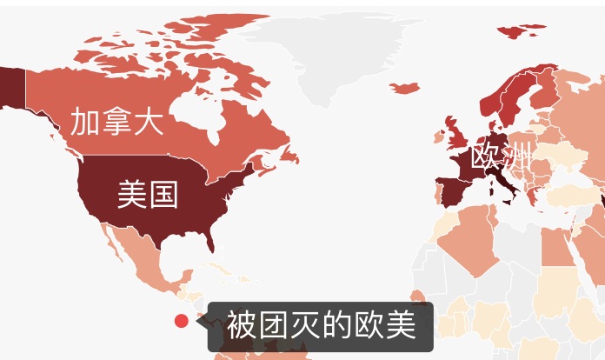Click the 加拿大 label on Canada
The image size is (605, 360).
116,123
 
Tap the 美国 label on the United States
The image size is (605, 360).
147,194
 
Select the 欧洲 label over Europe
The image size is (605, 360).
501,158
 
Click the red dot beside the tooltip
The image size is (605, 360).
182,321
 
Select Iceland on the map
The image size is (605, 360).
406,88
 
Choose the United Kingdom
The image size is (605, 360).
455,135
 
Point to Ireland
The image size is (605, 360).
441,137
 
